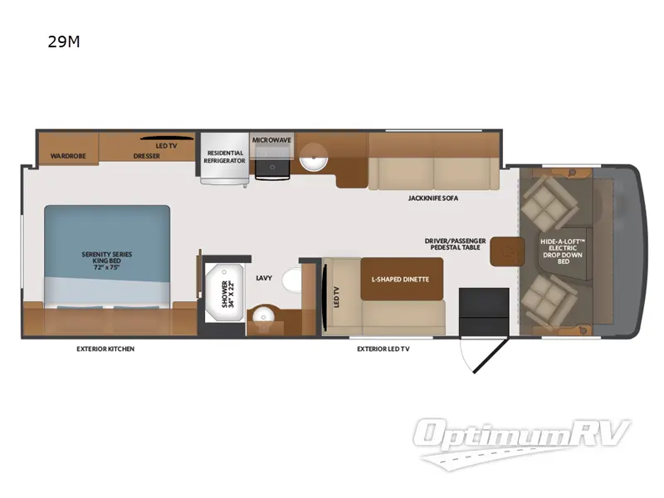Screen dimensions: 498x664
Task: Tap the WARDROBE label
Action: (63, 155)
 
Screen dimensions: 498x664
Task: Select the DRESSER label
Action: (146, 155)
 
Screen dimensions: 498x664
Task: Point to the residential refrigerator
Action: (225, 157)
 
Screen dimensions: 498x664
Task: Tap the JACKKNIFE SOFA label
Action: (433, 198)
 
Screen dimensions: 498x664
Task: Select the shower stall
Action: (225, 293)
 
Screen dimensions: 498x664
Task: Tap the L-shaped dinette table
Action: (401, 279)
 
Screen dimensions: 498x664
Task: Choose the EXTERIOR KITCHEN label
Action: (105, 349)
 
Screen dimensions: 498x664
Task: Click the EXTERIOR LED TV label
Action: (383, 349)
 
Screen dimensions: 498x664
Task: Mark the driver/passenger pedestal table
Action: (503, 251)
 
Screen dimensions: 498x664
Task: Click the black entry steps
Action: (484, 311)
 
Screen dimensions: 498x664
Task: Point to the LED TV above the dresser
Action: (166, 138)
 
